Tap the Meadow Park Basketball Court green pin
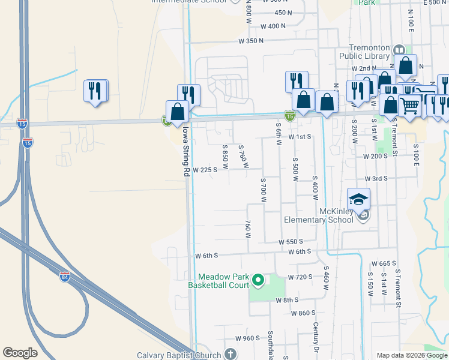[258, 280]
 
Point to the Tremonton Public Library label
[364, 52]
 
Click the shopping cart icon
[410, 106]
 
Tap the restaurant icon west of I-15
[95, 91]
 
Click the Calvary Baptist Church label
[179, 355]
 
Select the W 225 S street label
[205, 170]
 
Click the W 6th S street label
[208, 256]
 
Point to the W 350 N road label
[251, 41]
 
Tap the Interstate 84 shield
[65, 277]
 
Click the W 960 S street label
[247, 338]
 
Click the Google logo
[20, 353]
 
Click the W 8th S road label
[287, 300]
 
